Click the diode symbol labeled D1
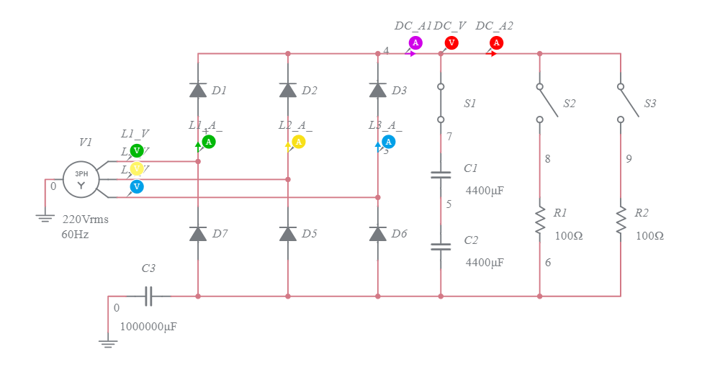pos(198,90)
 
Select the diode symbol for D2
pos(288,90)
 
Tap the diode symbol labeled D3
pos(378,90)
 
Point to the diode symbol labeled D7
pos(198,234)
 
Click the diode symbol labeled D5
pos(288,234)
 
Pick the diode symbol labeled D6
pos(378,234)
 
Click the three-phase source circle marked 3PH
pos(81,178)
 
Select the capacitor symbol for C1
pos(441,174)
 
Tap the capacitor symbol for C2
pos(441,246)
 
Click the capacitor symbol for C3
pos(148,296)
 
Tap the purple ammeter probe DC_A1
pos(415,43)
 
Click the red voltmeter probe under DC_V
pos(451,43)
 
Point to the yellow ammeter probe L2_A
pos(299,142)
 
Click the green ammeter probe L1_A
pos(209,142)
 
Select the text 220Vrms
pos(85,219)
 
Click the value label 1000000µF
pos(148,326)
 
